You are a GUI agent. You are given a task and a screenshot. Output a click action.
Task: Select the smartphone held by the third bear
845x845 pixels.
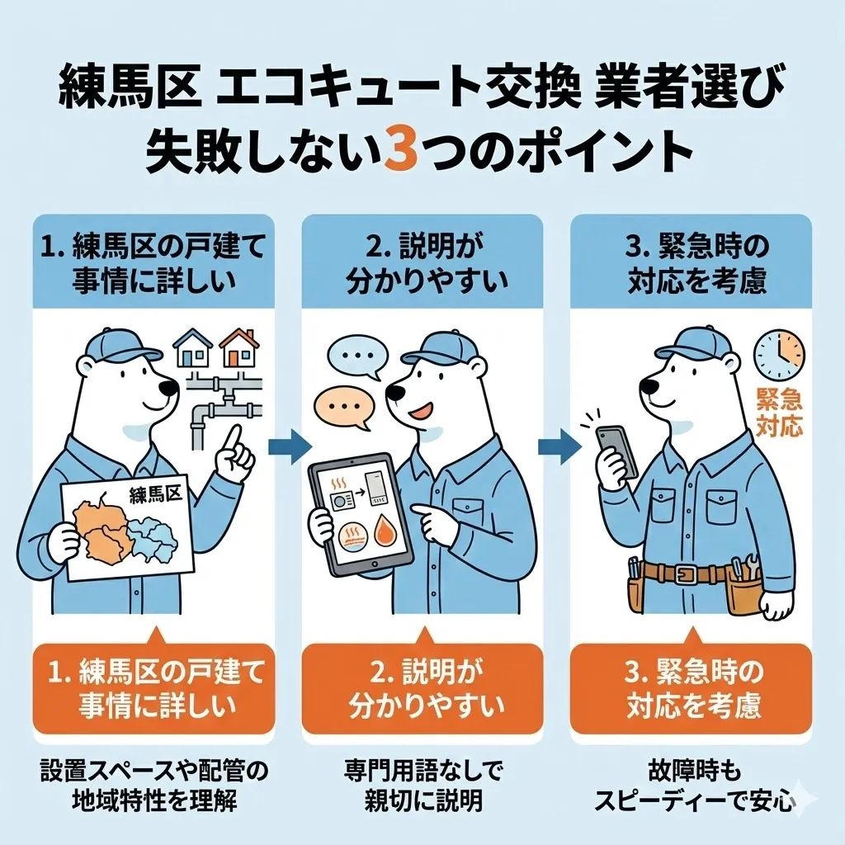(x=617, y=451)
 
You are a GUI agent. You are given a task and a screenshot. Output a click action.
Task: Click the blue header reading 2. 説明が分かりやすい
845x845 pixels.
(x=422, y=262)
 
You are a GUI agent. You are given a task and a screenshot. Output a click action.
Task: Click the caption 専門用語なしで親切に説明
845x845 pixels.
(x=422, y=786)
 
